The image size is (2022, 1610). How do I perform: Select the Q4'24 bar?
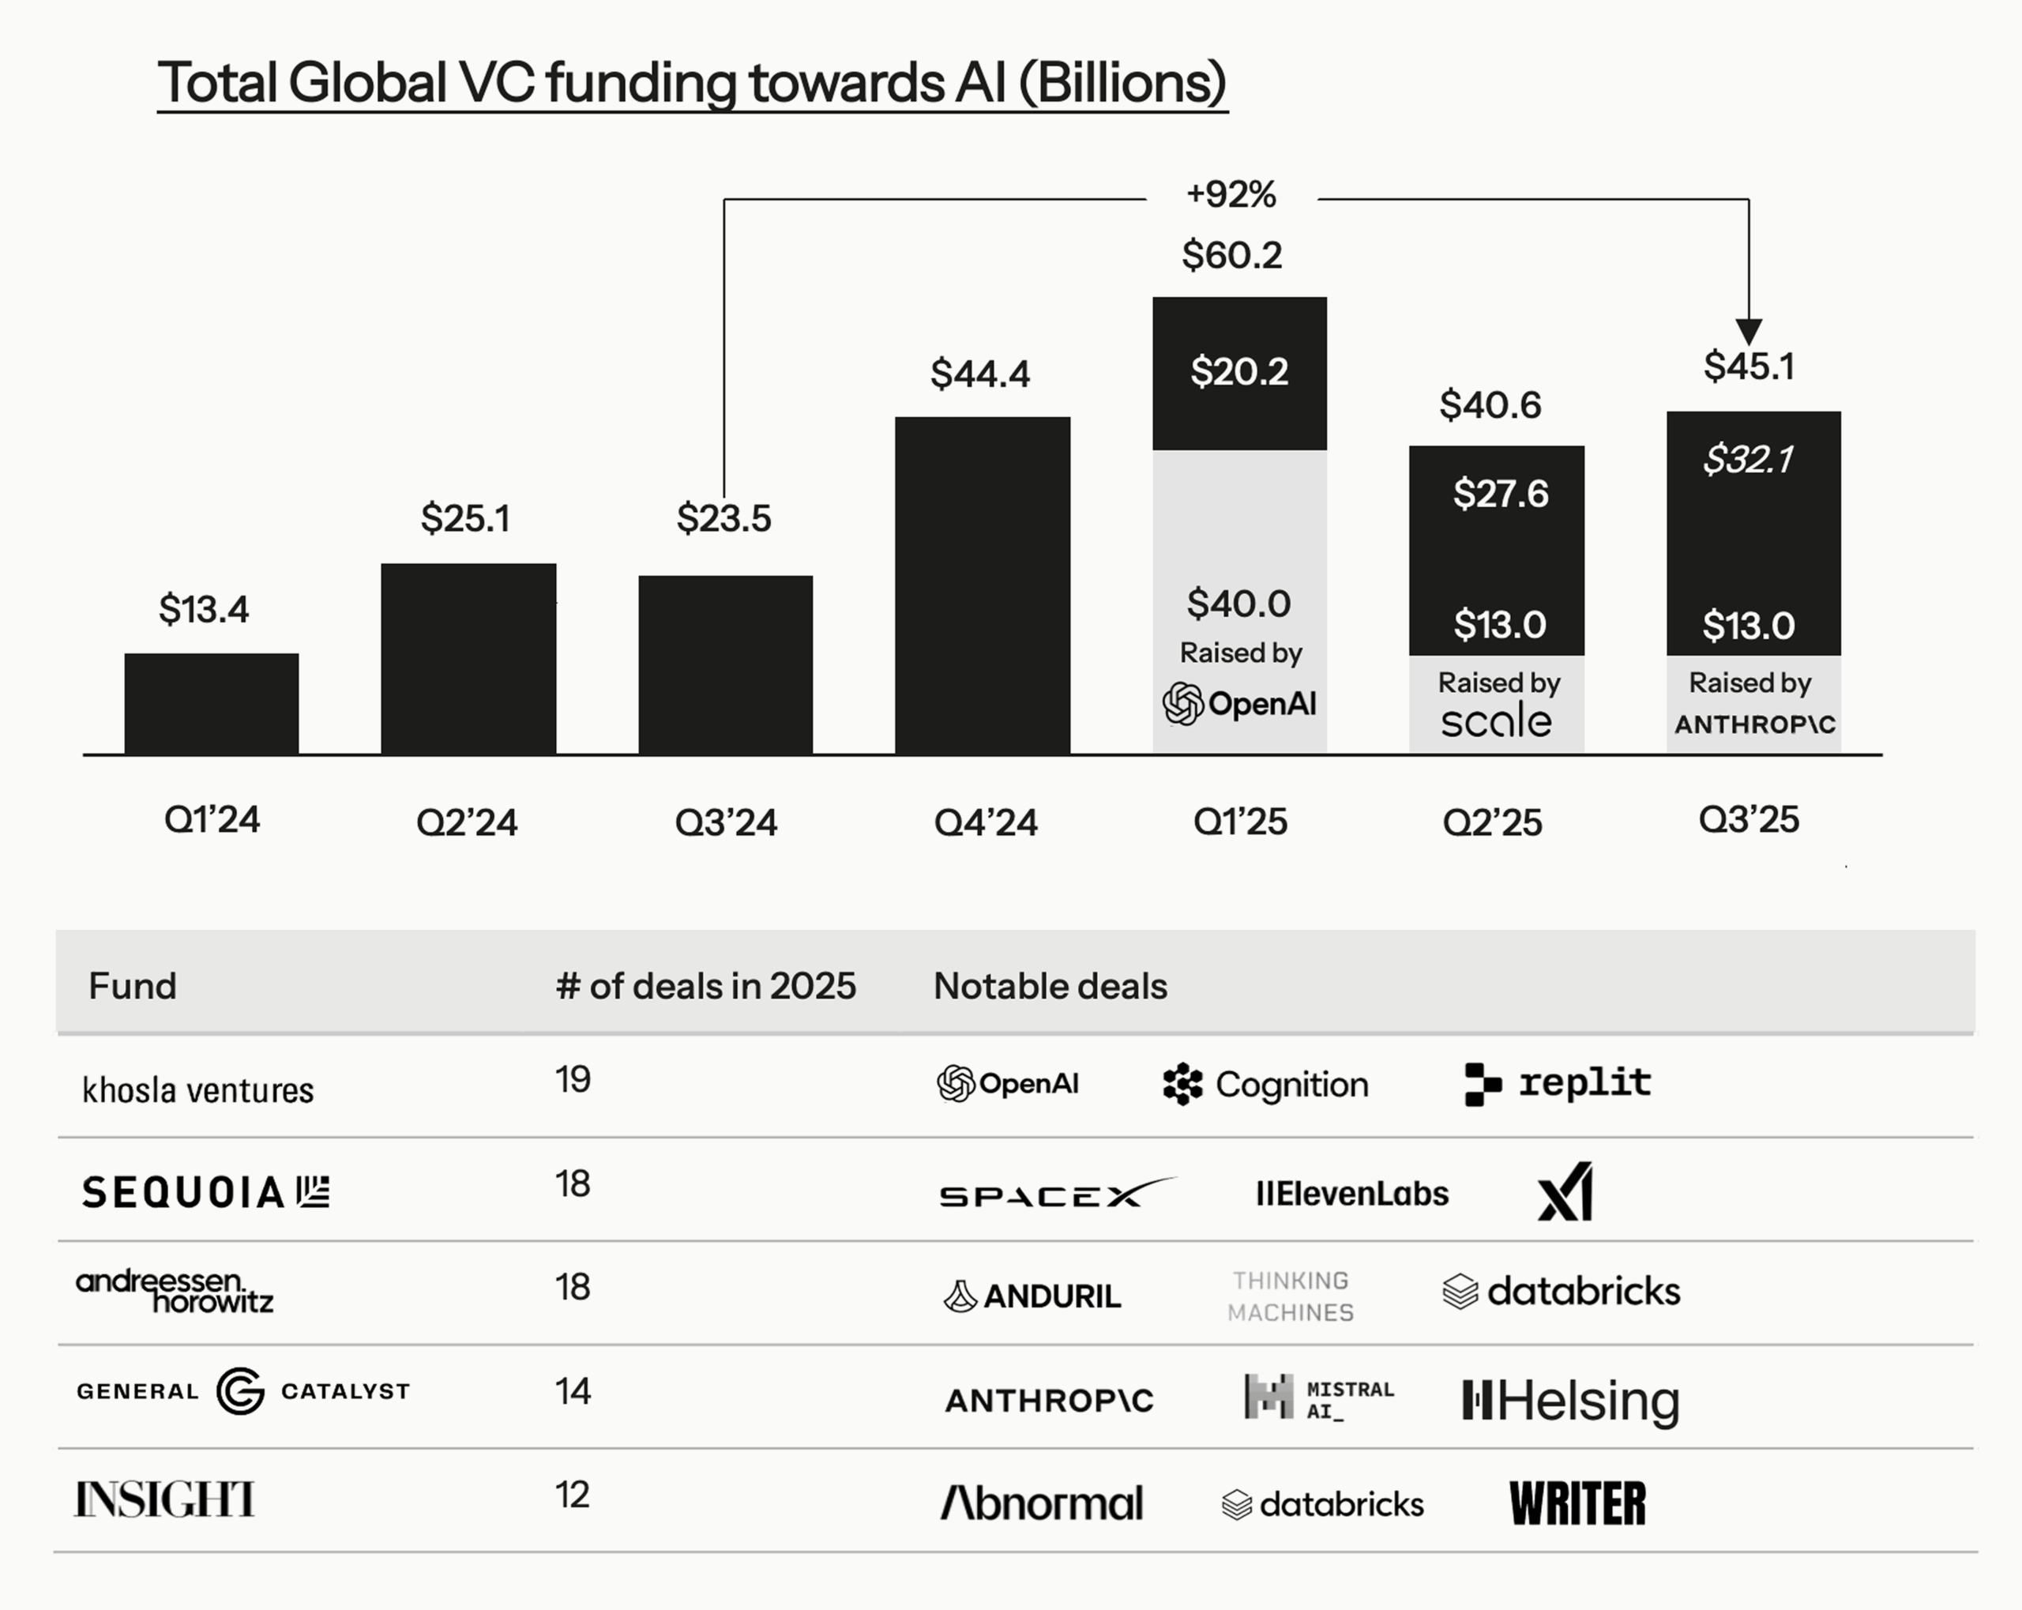(982, 585)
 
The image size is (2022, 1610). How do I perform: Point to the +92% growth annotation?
(1231, 195)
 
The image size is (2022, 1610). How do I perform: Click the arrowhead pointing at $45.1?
(1748, 331)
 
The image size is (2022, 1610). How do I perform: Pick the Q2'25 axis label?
(1491, 823)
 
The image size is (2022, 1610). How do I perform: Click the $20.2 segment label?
(1239, 371)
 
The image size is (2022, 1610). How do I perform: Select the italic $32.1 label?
(1748, 460)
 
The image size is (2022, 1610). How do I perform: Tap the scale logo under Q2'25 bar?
(1496, 721)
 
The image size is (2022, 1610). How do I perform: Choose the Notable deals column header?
(1050, 986)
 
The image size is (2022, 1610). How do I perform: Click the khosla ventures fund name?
(198, 1090)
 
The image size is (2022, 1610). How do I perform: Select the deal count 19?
(572, 1080)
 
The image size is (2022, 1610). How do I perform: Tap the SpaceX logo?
(1055, 1194)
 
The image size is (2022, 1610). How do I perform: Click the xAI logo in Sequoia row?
(1565, 1191)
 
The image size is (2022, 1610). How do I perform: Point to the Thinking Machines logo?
(1291, 1296)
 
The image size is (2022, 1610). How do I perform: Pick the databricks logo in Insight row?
(1322, 1504)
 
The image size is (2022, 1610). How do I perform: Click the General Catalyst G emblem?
(240, 1390)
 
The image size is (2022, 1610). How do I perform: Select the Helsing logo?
(1571, 1401)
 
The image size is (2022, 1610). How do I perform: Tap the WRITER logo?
(1577, 1504)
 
